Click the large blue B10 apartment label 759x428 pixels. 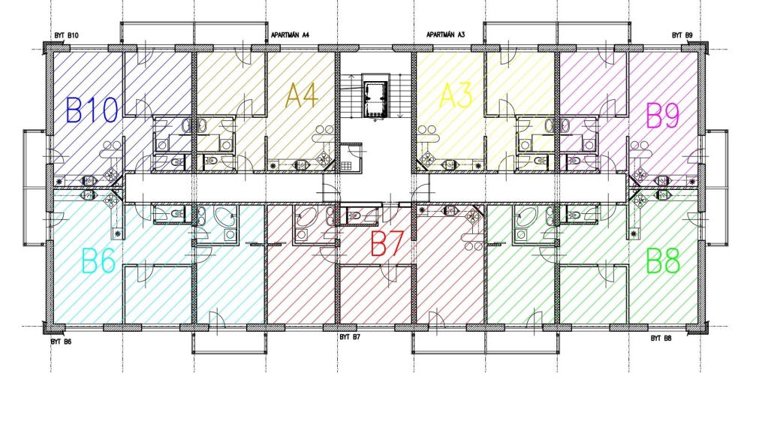pyautogui.click(x=92, y=110)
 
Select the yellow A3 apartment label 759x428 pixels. pyautogui.click(x=456, y=96)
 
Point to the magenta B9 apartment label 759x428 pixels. pyautogui.click(x=663, y=116)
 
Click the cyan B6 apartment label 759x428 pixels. pyautogui.click(x=98, y=262)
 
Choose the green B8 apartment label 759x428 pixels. pyautogui.click(x=663, y=262)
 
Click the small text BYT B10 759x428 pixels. pyautogui.click(x=67, y=35)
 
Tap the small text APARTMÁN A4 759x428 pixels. pyautogui.click(x=290, y=35)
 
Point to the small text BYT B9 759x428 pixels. pyautogui.click(x=682, y=35)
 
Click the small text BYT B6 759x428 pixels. pyautogui.click(x=61, y=341)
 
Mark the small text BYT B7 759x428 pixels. pyautogui.click(x=350, y=337)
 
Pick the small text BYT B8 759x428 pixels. pyautogui.click(x=661, y=339)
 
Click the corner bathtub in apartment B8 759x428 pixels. pyautogui.click(x=525, y=219)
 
